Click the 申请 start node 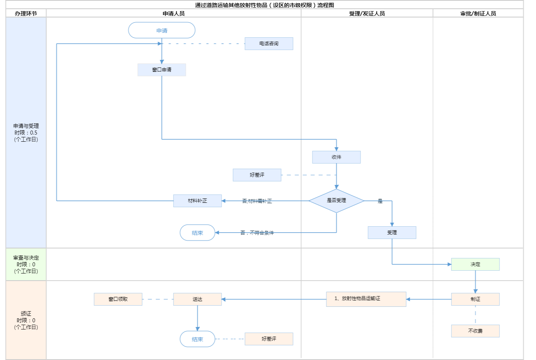click(x=162, y=31)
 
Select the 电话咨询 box click(x=269, y=44)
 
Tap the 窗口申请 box click(x=162, y=70)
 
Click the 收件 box click(x=336, y=157)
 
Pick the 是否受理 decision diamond click(x=336, y=201)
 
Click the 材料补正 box click(x=197, y=201)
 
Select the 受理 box click(x=392, y=233)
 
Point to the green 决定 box click(x=475, y=264)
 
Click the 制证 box click(x=475, y=299)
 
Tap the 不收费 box click(x=475, y=331)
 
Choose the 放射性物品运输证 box click(x=366, y=299)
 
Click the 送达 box click(x=197, y=299)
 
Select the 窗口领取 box click(x=118, y=299)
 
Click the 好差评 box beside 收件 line click(x=257, y=175)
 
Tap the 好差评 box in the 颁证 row click(x=269, y=339)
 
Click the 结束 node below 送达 click(x=197, y=339)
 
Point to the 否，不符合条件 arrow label click(x=257, y=233)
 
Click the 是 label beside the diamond click(x=380, y=201)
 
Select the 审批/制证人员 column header click(x=478, y=13)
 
